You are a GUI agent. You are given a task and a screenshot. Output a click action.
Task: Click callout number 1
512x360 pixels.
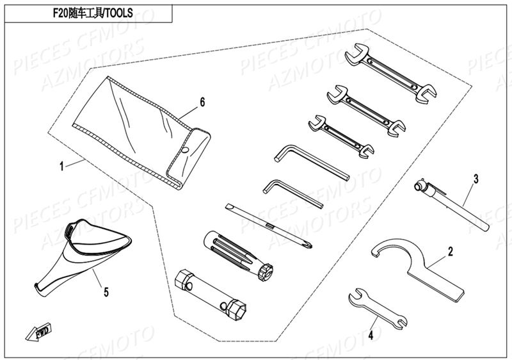click(x=61, y=166)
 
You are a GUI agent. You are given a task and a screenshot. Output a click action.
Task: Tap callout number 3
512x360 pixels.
click(x=476, y=178)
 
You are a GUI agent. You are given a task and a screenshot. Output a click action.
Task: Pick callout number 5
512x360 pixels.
click(x=106, y=292)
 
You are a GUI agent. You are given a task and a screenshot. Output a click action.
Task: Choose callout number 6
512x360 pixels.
click(x=202, y=102)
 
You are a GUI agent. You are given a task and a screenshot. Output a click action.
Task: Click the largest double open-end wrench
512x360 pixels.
click(x=390, y=72)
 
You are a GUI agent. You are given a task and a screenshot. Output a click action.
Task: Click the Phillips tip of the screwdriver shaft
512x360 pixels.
click(x=308, y=244)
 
